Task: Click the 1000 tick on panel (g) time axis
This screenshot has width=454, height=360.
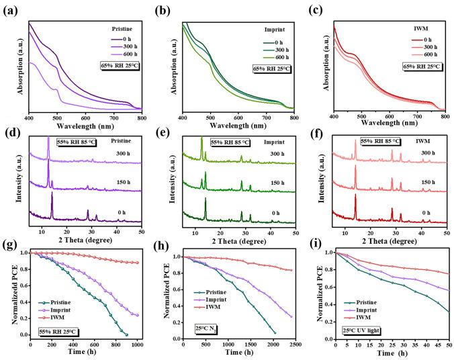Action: click(138, 343)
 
